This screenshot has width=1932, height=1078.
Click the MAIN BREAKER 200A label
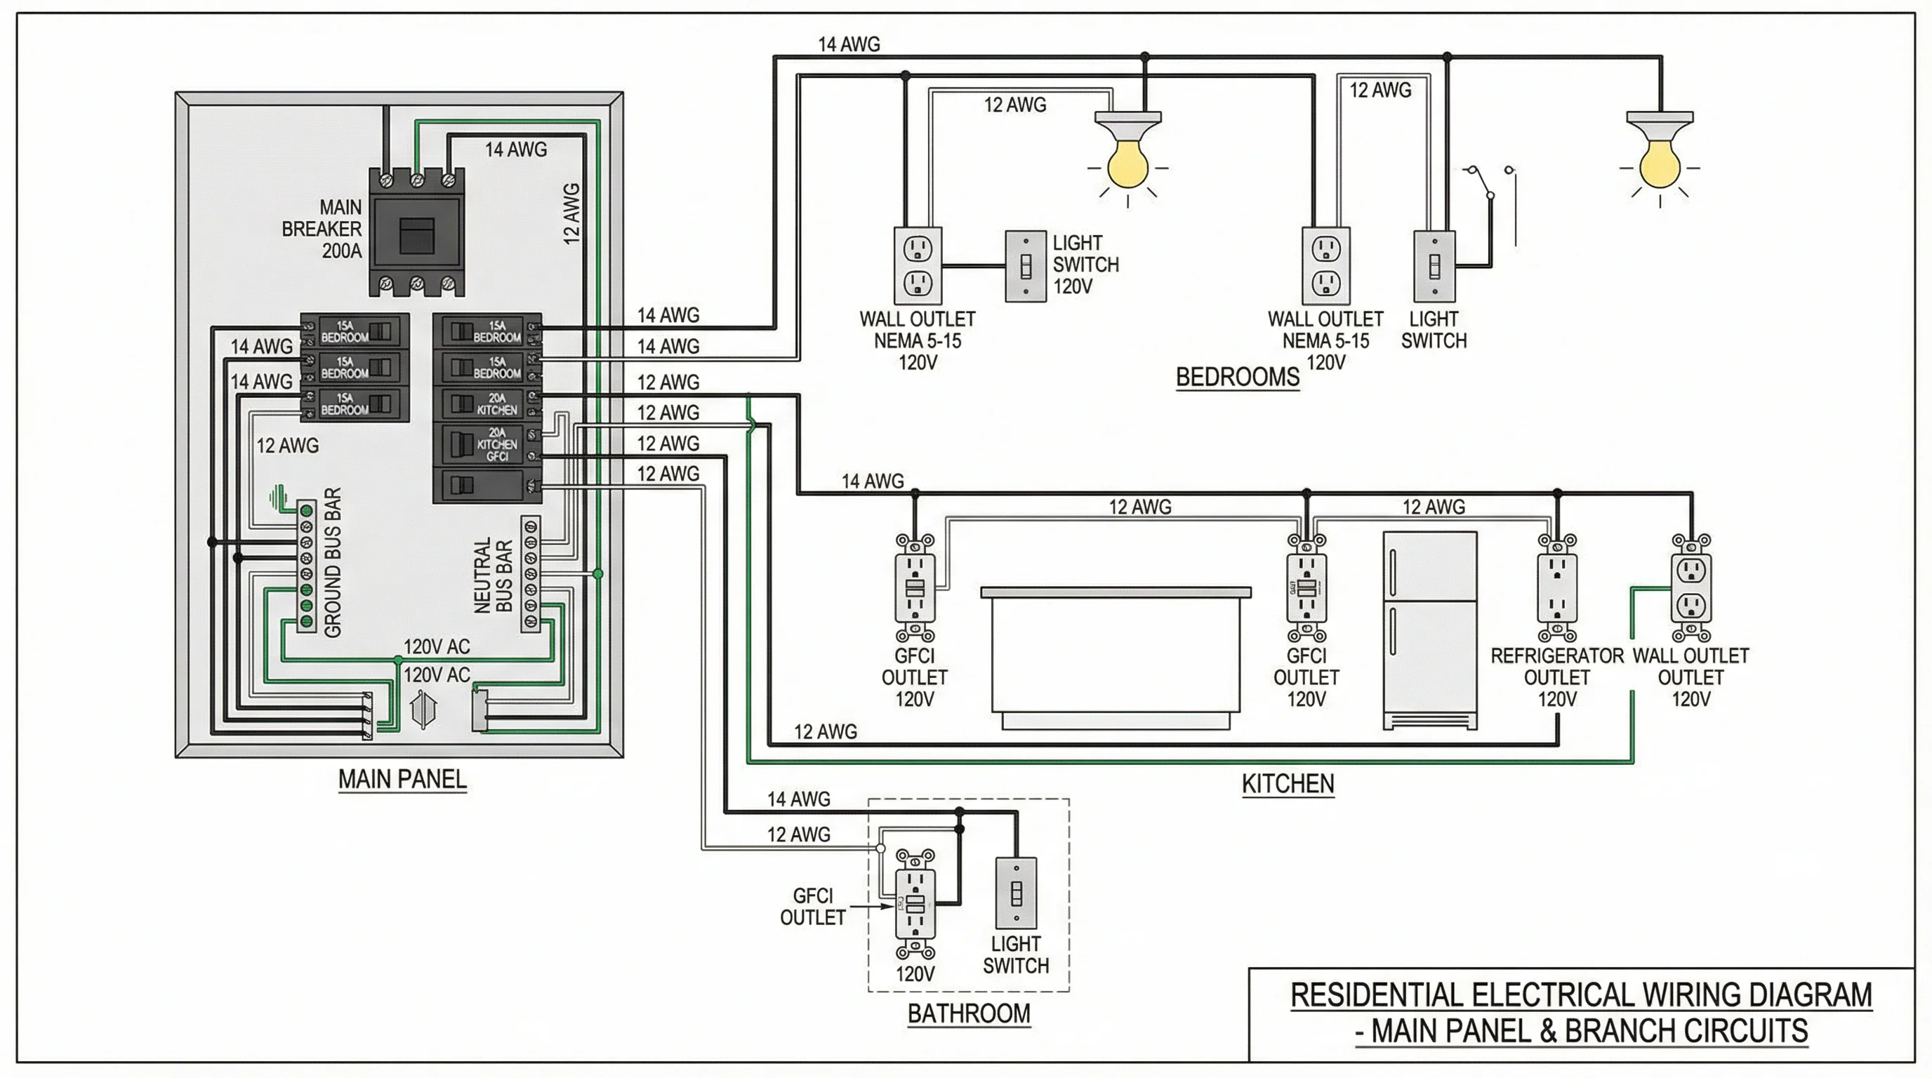click(x=322, y=229)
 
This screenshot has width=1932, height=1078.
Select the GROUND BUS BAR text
click(x=333, y=562)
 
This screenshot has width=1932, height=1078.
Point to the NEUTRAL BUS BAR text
click(x=493, y=575)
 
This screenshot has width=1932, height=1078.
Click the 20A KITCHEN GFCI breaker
click(x=487, y=444)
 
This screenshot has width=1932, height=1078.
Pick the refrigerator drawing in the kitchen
click(x=1429, y=630)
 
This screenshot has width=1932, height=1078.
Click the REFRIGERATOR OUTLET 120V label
click(x=1556, y=677)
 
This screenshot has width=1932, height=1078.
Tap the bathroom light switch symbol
click(x=1016, y=893)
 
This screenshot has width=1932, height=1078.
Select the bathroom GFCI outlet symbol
click(x=915, y=903)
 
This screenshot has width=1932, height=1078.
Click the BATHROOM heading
click(x=968, y=1013)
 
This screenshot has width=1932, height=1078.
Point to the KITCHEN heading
click(x=1287, y=783)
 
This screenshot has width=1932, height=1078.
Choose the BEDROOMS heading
click(x=1237, y=376)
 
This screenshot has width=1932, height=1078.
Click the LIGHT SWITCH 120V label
click(x=1085, y=265)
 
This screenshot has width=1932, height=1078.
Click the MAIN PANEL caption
click(x=402, y=779)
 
